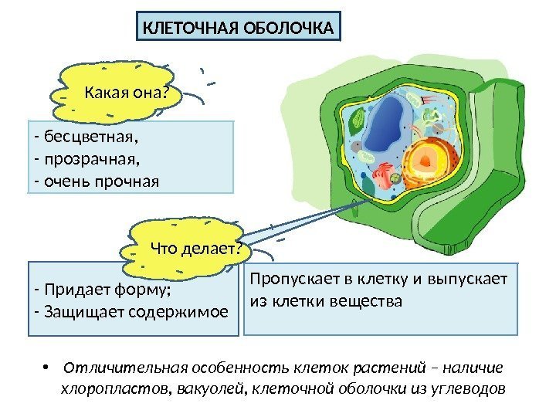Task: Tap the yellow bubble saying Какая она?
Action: (124, 93)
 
